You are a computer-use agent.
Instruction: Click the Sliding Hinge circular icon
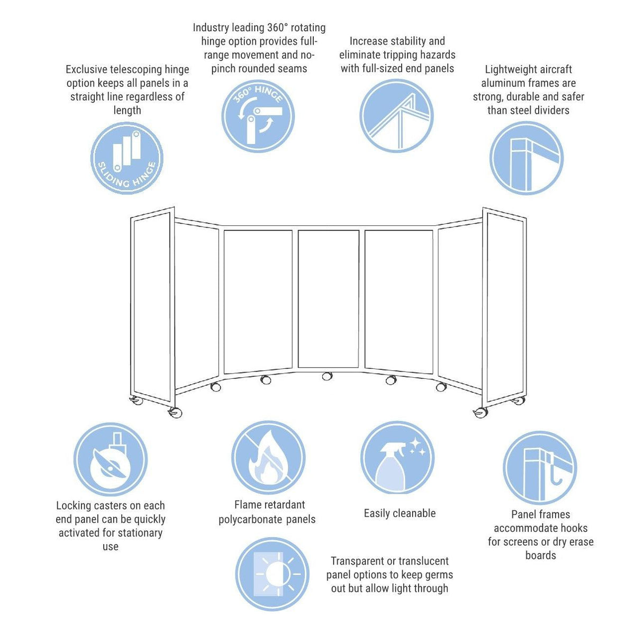click(126, 158)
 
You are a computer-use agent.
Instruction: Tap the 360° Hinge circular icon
click(258, 116)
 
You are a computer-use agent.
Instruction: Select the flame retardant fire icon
click(268, 458)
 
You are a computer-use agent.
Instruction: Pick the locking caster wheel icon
click(110, 459)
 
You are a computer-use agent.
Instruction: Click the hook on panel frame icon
click(539, 468)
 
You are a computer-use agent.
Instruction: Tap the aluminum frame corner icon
click(526, 158)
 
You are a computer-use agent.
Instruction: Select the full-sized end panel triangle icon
click(396, 116)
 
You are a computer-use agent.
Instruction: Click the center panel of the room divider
click(328, 299)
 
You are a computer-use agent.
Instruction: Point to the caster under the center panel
click(327, 376)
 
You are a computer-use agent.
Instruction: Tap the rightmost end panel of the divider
click(504, 310)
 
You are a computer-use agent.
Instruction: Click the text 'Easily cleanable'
click(400, 513)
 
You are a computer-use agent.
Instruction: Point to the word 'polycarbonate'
click(250, 520)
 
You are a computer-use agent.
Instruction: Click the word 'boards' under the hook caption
click(540, 555)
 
